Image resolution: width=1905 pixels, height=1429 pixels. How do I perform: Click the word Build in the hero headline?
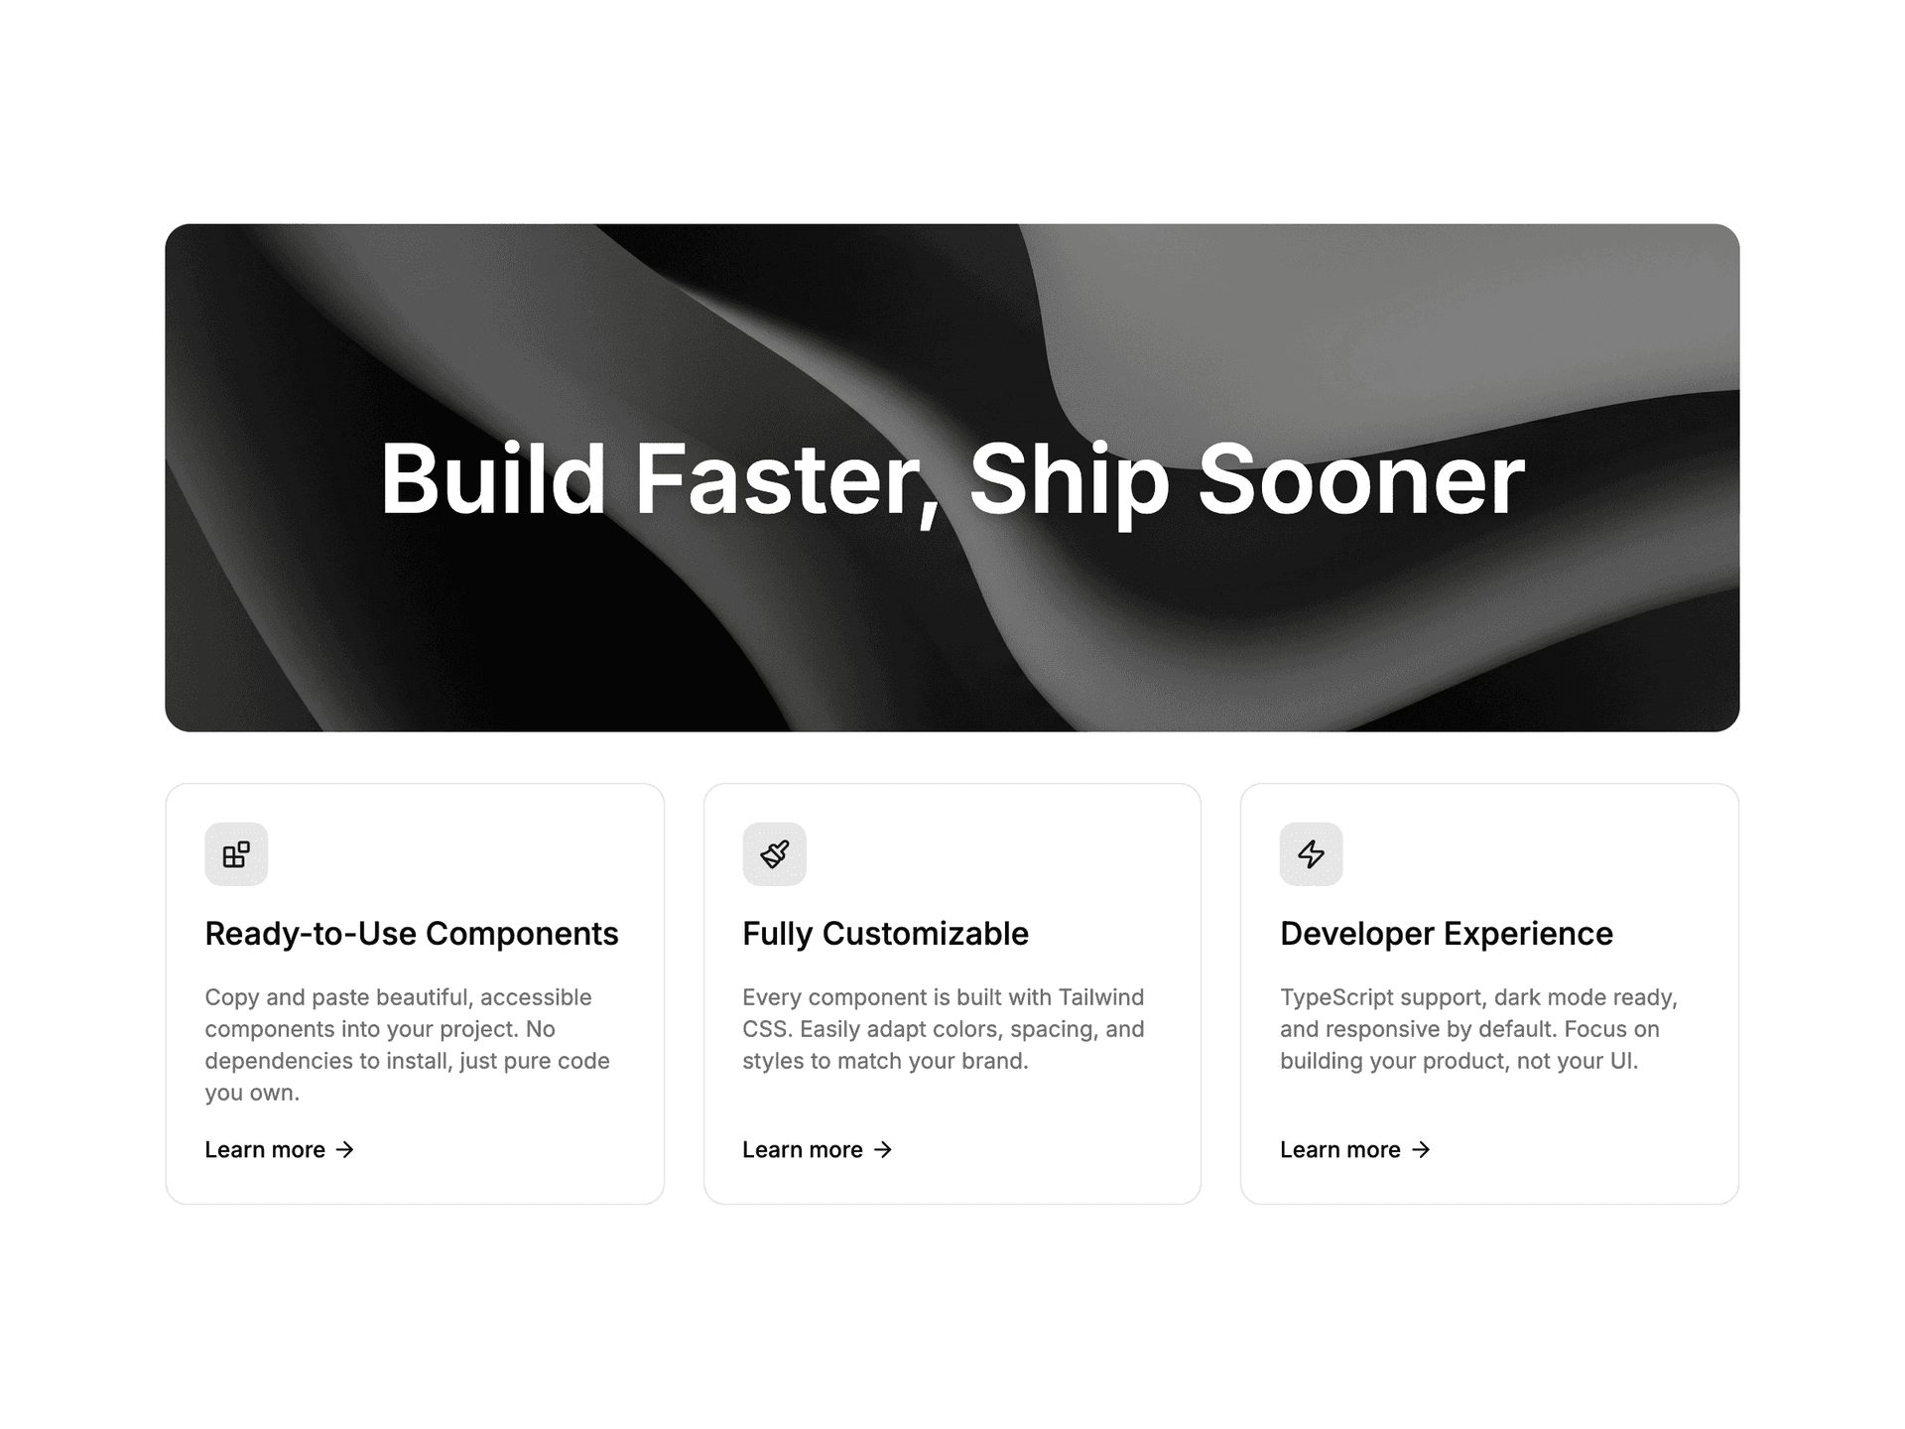point(493,479)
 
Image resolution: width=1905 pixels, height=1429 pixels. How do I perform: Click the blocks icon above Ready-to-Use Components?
point(236,853)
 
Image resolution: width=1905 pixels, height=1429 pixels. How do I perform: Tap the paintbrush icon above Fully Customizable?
point(774,853)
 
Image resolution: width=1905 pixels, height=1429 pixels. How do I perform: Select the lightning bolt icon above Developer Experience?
point(1311,853)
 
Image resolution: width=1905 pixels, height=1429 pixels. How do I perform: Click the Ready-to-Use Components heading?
point(412,934)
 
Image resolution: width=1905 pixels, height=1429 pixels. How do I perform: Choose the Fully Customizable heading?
point(885,934)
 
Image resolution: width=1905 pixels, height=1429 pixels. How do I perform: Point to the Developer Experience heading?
point(1447,934)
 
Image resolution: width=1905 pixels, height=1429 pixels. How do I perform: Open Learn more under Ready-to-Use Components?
point(265,1149)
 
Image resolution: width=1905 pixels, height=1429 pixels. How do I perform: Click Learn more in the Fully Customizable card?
point(803,1149)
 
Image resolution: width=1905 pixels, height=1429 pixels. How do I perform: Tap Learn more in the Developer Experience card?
point(1340,1149)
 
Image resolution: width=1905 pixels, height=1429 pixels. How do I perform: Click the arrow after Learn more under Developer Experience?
point(1421,1149)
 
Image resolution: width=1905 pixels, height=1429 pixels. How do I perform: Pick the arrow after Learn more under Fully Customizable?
point(883,1149)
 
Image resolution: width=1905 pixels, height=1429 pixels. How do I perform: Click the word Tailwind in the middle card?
point(1100,997)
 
